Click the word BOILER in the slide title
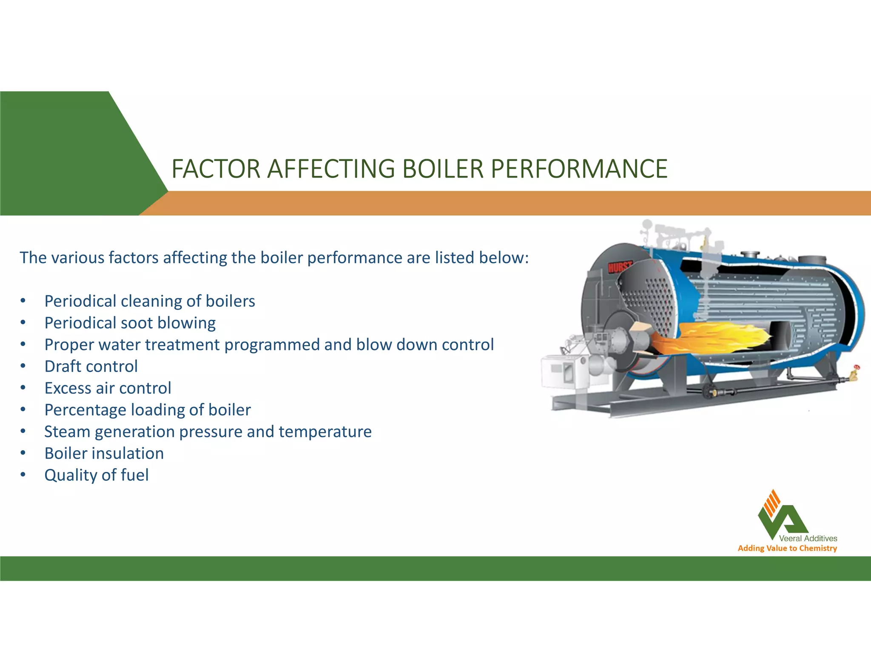[443, 169]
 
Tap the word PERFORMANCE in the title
[579, 169]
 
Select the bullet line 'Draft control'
[91, 366]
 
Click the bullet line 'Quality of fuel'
[97, 475]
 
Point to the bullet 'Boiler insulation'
[104, 453]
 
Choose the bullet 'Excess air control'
[108, 388]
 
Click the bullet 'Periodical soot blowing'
[130, 323]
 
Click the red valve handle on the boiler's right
[857, 367]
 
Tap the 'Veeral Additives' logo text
[808, 539]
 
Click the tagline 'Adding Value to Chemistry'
[787, 548]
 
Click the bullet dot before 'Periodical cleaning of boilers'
[23, 301]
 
